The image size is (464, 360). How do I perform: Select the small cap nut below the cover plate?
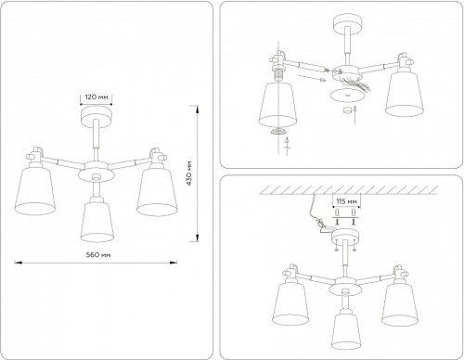pyautogui.click(x=350, y=111)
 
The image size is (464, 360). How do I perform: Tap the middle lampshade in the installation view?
pyautogui.click(x=346, y=326)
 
